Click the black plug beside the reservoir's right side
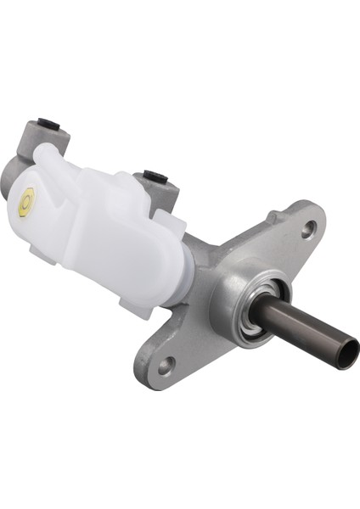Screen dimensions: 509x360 155,176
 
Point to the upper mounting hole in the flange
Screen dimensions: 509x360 308,227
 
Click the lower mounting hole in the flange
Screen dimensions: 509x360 166,366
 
